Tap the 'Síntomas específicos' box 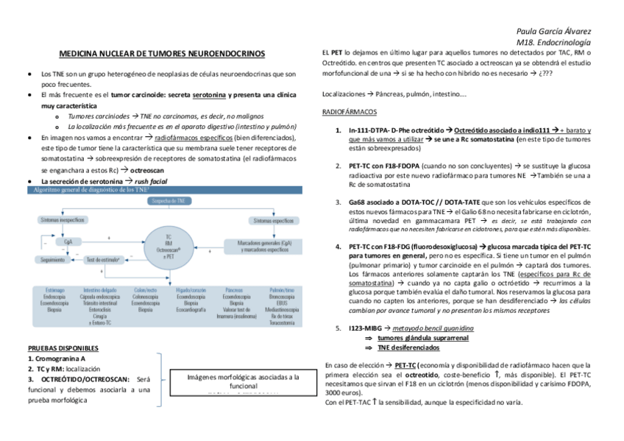coord(273,220)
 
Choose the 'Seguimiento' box coord(52,259)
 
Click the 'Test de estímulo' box coord(104,259)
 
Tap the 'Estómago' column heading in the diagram coord(54,290)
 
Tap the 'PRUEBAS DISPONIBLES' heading coord(63,348)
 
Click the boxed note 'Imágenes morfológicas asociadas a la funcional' coord(243,381)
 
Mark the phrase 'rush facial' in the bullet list coord(151,180)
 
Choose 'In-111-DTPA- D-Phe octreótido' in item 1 coord(393,130)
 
